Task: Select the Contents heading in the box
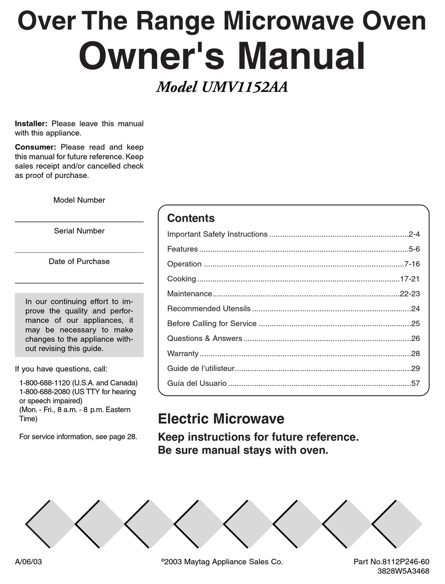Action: tap(191, 218)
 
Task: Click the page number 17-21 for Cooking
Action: tap(410, 279)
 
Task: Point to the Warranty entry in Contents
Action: tap(183, 354)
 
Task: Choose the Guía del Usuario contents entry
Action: tap(197, 383)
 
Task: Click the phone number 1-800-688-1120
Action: tap(44, 383)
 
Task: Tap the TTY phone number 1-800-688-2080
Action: tap(44, 392)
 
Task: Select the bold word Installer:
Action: tap(31, 124)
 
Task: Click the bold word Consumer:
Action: tap(35, 147)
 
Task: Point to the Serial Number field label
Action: tap(79, 231)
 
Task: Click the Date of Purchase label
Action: tap(79, 261)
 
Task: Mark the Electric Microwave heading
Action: tap(221, 418)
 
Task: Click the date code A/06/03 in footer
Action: tap(29, 562)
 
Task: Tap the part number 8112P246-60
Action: tap(406, 562)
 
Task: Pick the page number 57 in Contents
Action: tap(415, 383)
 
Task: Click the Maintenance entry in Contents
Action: tap(189, 294)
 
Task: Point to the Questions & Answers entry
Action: tap(205, 338)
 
